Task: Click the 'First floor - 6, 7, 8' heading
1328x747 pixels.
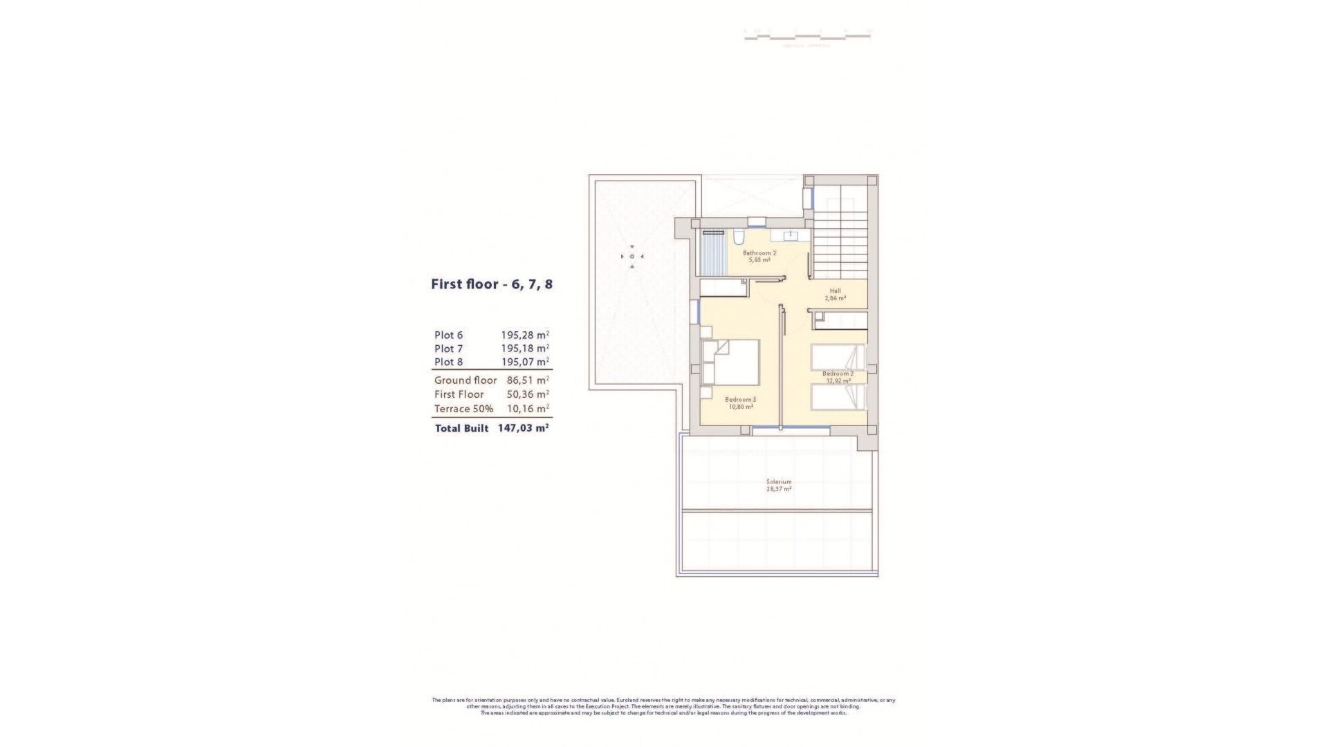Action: coord(492,284)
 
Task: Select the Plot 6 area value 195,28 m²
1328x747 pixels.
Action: coord(524,335)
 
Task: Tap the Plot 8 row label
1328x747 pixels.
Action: coord(448,362)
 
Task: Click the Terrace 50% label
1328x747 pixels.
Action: coord(463,409)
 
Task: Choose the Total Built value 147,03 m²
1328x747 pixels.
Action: coord(523,428)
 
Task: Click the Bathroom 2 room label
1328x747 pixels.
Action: coord(759,253)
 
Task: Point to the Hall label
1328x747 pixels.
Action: coord(835,290)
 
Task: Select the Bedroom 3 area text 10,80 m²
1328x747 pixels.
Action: coord(740,407)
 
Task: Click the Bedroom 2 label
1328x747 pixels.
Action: coord(838,373)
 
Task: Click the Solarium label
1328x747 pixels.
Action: coord(779,481)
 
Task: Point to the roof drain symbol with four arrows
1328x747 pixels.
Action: coord(631,257)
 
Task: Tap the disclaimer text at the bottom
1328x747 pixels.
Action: coord(663,706)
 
